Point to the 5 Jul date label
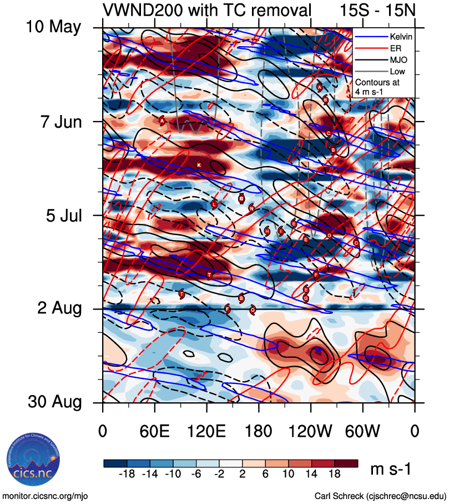(x=62, y=215)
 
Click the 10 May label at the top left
(x=54, y=27)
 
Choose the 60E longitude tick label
(x=155, y=431)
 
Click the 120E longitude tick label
(x=206, y=431)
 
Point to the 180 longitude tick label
(x=259, y=431)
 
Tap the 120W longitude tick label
(x=311, y=431)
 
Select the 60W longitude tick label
(x=362, y=431)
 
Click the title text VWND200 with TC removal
(x=206, y=9)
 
